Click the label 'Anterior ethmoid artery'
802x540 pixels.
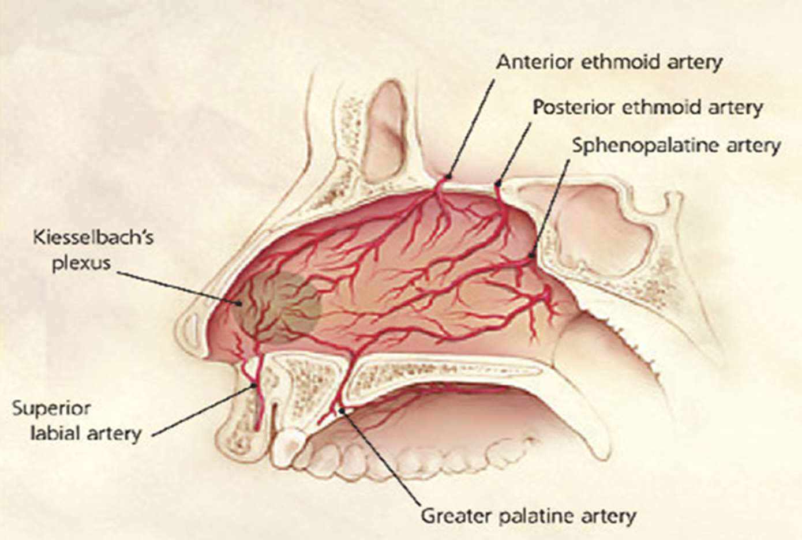tap(609, 62)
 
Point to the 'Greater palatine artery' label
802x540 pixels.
tap(529, 516)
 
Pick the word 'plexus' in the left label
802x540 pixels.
tap(81, 263)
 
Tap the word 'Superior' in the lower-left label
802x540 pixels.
tap(51, 408)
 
